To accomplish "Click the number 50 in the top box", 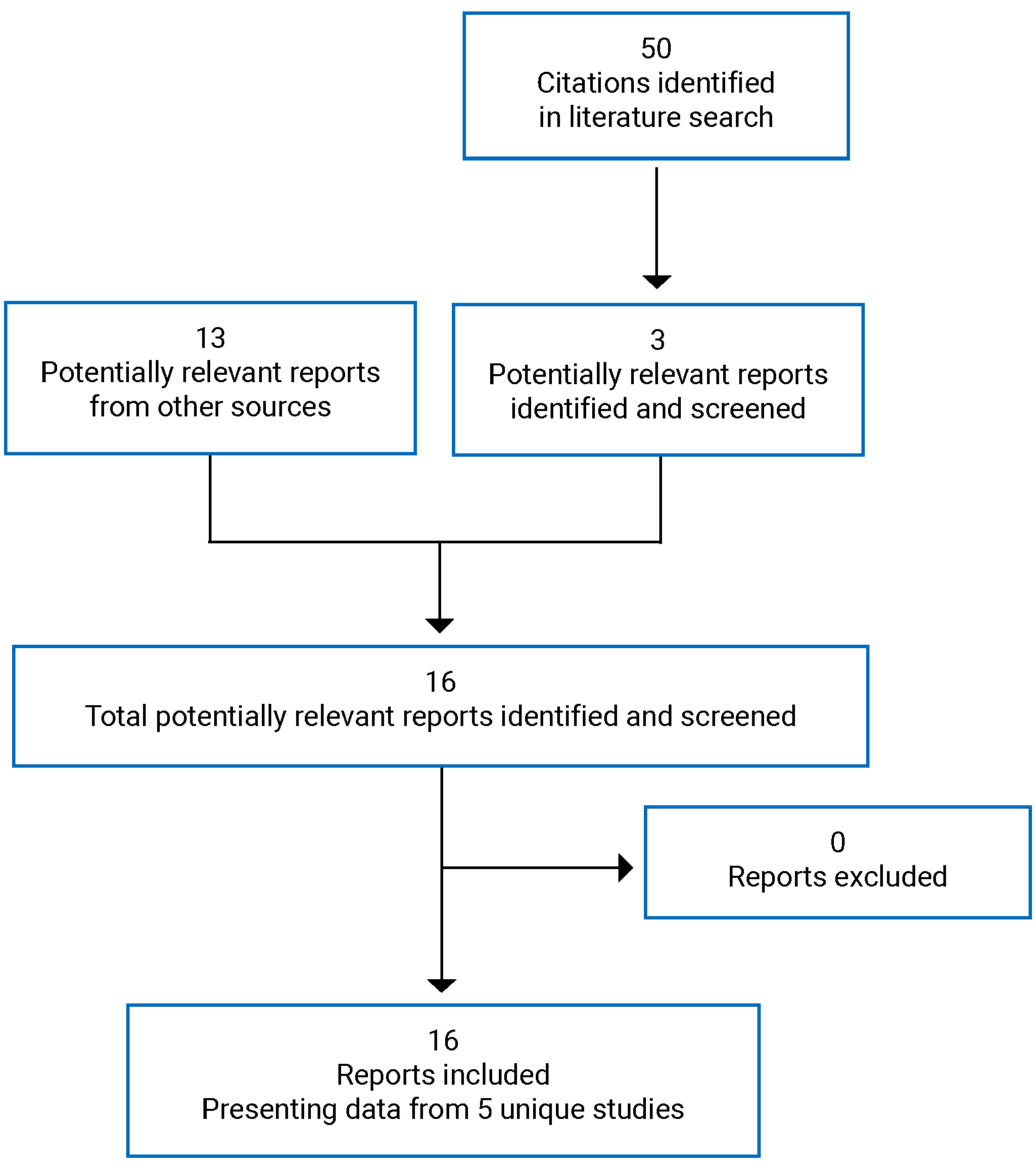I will tap(656, 48).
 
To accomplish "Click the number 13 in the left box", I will tap(210, 338).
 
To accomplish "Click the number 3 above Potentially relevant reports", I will tap(657, 341).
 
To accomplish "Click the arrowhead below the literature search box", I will tap(657, 281).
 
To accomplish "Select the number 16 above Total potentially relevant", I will tap(440, 682).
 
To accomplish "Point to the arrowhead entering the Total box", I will tap(440, 625).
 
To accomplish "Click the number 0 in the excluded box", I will tap(837, 843).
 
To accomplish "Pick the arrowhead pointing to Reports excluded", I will tap(625, 868).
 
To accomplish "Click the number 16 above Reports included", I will tap(443, 1041).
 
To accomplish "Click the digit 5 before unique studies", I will tap(485, 1110).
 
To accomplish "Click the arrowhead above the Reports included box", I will tap(442, 985).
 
